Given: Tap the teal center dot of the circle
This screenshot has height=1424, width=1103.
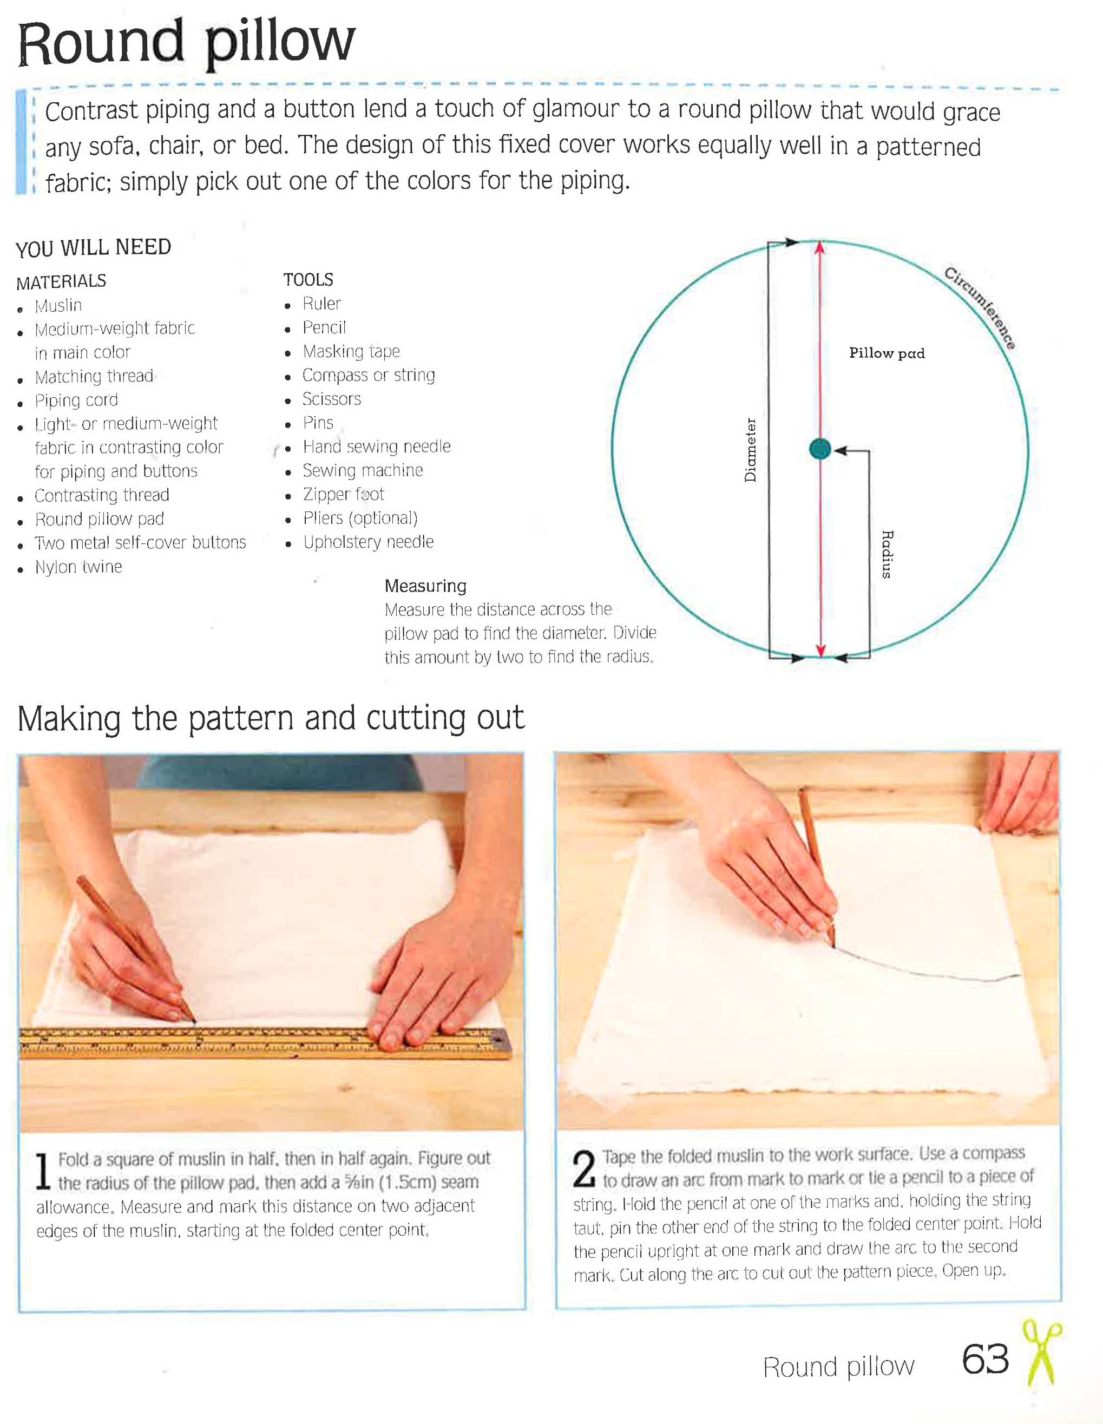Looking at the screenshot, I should [x=819, y=449].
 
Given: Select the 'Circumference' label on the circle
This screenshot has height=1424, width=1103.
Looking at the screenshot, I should [x=980, y=308].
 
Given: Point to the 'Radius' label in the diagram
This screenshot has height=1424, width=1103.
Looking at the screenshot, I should [x=887, y=554].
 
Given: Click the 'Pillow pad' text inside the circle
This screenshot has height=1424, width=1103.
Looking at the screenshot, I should [x=887, y=353].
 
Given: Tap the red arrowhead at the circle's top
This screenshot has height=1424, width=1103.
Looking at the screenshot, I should [x=820, y=248].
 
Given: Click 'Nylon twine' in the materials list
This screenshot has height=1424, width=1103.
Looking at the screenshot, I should [x=78, y=567].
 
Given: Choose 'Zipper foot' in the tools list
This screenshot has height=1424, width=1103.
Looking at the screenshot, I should [x=344, y=494].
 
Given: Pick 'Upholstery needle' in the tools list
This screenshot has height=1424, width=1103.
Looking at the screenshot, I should [x=369, y=542].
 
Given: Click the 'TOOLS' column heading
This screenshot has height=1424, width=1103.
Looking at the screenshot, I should [x=308, y=280].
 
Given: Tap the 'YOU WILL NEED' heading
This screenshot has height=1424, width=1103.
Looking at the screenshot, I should [x=93, y=248].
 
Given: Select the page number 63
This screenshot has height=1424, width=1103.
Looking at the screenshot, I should [x=985, y=1359].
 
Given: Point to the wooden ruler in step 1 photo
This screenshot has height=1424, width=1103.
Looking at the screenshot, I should [x=261, y=1041].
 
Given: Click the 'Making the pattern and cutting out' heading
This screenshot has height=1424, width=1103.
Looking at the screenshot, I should [x=271, y=719].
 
